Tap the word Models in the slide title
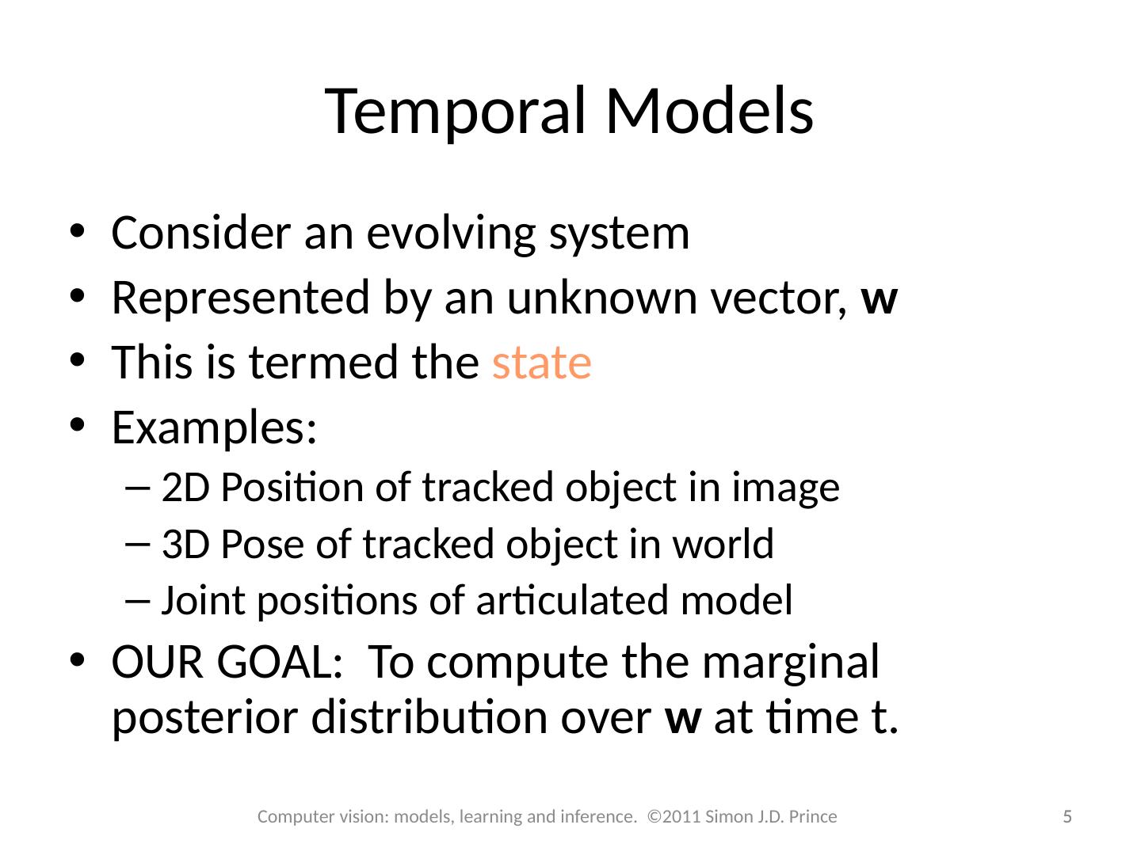[709, 112]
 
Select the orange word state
[541, 363]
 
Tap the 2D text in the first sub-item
[185, 488]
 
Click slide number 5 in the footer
[1067, 817]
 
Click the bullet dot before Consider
[76, 234]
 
